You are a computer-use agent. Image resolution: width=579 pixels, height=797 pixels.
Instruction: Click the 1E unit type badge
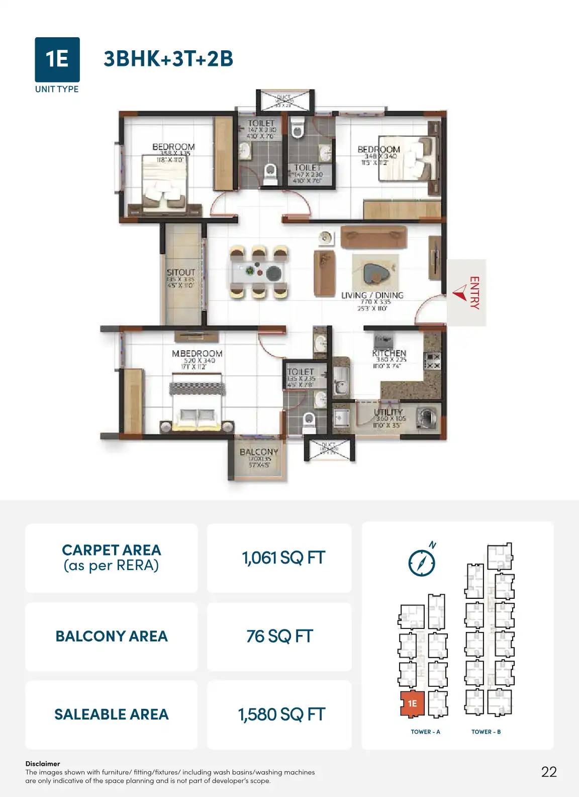tap(57, 59)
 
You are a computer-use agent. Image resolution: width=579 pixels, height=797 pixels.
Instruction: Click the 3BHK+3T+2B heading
tap(168, 59)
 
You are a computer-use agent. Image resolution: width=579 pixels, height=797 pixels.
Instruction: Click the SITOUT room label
tap(180, 272)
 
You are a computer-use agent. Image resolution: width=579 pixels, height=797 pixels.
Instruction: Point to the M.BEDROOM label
tap(197, 354)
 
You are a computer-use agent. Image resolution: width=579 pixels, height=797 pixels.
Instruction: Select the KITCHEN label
tap(389, 353)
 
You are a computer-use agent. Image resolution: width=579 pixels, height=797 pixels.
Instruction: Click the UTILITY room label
tap(388, 412)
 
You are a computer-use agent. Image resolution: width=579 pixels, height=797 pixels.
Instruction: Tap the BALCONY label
tap(259, 452)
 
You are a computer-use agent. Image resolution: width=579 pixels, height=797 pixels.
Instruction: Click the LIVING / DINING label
tap(372, 295)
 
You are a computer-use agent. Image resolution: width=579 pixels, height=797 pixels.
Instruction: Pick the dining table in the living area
tap(259, 272)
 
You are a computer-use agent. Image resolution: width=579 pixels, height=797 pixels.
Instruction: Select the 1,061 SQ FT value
tap(283, 558)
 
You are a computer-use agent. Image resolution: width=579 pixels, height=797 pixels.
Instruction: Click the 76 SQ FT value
tap(279, 636)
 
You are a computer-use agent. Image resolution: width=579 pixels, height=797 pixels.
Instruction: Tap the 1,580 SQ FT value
tap(281, 714)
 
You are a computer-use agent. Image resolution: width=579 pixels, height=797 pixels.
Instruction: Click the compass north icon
tap(422, 562)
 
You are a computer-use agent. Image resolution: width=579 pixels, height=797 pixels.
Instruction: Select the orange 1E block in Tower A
tap(412, 703)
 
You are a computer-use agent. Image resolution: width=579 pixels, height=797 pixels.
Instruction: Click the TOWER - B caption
tap(486, 732)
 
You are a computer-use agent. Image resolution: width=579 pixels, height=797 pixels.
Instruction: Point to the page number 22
tap(549, 772)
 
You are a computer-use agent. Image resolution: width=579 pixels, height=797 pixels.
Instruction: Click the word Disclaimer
tap(43, 763)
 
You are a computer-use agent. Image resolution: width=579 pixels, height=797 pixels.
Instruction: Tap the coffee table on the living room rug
tap(374, 274)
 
